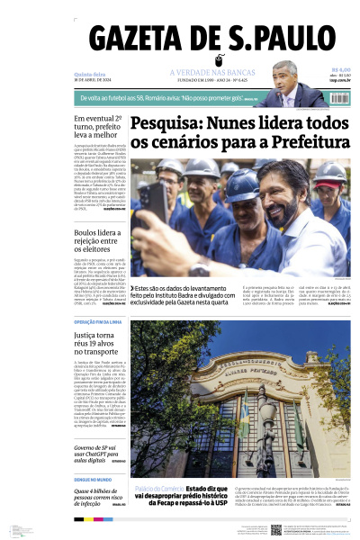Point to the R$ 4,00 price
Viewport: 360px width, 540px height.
click(340, 69)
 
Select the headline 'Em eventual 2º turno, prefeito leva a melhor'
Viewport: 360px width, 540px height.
click(100, 130)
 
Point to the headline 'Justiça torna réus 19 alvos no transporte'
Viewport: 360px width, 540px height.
click(100, 346)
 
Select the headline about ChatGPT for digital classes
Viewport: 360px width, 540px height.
click(96, 453)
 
